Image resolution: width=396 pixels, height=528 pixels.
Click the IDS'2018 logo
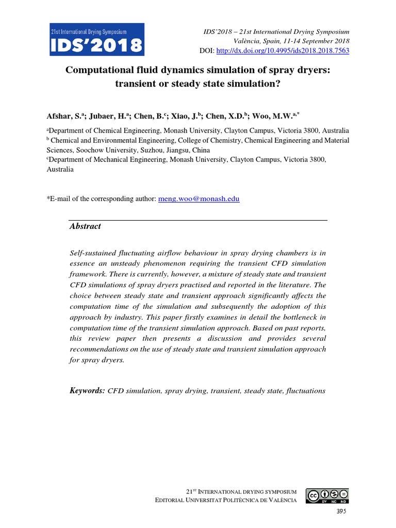click(x=96, y=39)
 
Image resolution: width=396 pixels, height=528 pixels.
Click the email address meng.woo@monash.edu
click(x=199, y=198)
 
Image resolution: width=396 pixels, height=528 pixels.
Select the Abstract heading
click(x=85, y=226)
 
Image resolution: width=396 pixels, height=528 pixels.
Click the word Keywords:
click(x=87, y=391)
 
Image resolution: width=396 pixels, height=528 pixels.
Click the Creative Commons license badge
click(x=327, y=496)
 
